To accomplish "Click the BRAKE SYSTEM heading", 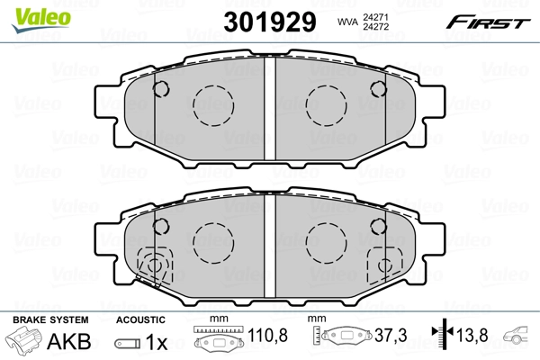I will click(x=49, y=319).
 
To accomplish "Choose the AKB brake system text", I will click(x=68, y=341).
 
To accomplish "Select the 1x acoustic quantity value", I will click(x=157, y=341).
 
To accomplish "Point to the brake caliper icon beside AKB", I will click(x=25, y=341).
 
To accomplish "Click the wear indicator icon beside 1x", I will click(x=128, y=342).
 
